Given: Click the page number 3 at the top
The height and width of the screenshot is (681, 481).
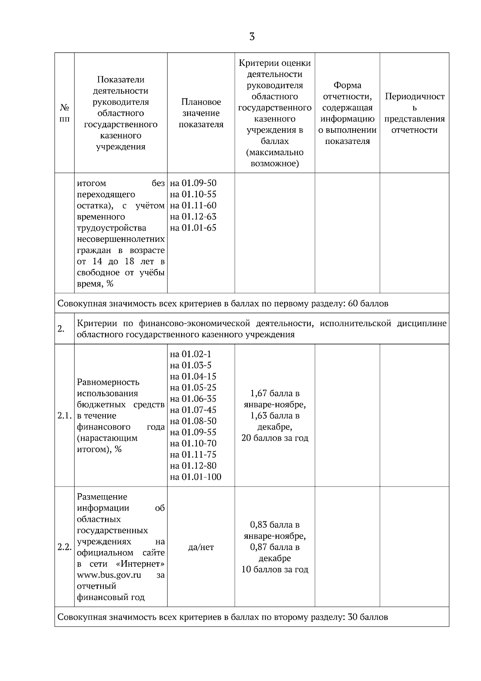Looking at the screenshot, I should [x=252, y=37].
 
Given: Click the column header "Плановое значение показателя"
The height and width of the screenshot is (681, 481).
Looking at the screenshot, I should [x=201, y=113].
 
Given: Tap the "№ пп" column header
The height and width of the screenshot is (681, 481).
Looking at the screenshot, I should [x=65, y=113].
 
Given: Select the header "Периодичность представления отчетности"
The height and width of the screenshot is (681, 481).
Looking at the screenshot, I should [x=414, y=113].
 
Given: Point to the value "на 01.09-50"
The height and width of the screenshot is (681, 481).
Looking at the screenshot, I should [x=193, y=183].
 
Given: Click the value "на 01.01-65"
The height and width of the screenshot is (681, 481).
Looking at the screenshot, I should [x=193, y=228].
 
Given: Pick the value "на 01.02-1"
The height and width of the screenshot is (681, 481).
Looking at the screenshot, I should [x=190, y=354].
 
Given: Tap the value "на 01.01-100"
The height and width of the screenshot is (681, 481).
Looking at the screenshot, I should [x=196, y=477].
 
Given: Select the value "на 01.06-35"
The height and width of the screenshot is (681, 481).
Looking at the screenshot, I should [x=193, y=399].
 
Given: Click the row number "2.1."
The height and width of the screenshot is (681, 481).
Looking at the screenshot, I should [x=64, y=416].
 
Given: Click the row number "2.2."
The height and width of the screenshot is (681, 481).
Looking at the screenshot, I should [x=64, y=547].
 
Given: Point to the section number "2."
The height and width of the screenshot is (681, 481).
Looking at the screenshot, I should [x=61, y=329].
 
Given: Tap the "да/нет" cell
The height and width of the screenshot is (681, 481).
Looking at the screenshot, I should [x=201, y=547].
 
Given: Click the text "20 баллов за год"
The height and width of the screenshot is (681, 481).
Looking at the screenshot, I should [x=275, y=438].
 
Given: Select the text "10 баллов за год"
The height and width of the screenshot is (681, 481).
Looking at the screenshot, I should [x=275, y=570].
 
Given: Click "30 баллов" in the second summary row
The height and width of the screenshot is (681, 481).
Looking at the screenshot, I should [x=368, y=617].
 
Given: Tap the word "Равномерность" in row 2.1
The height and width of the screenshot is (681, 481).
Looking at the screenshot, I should [x=108, y=382].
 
